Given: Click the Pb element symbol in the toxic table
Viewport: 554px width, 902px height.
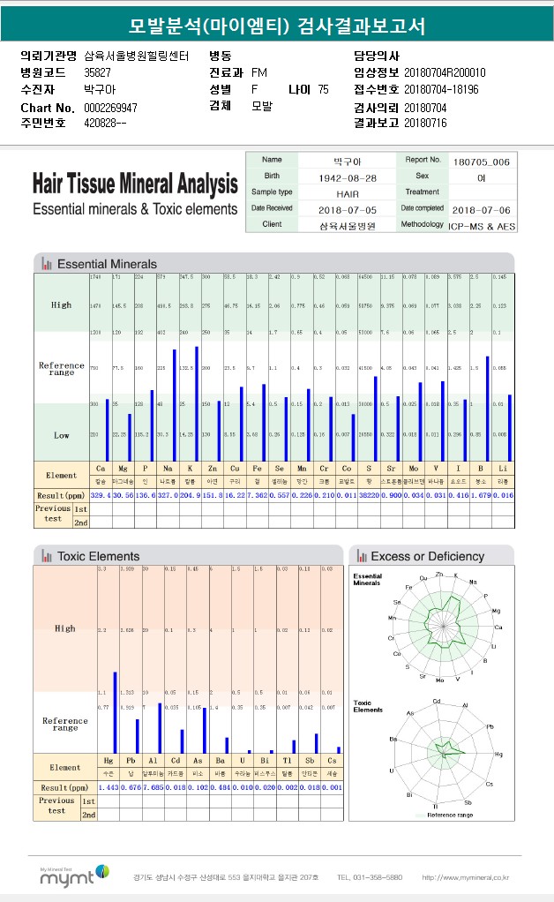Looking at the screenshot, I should (130, 759).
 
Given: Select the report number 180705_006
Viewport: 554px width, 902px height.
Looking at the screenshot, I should (481, 162).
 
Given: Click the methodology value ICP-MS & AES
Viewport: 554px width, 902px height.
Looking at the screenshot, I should (482, 225).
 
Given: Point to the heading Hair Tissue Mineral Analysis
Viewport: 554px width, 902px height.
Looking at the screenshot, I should (135, 184).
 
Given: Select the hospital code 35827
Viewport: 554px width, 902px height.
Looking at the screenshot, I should (97, 72).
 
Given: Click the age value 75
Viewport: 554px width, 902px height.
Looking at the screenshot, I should (323, 89).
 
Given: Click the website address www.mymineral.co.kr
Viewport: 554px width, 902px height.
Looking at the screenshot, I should (465, 877).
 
